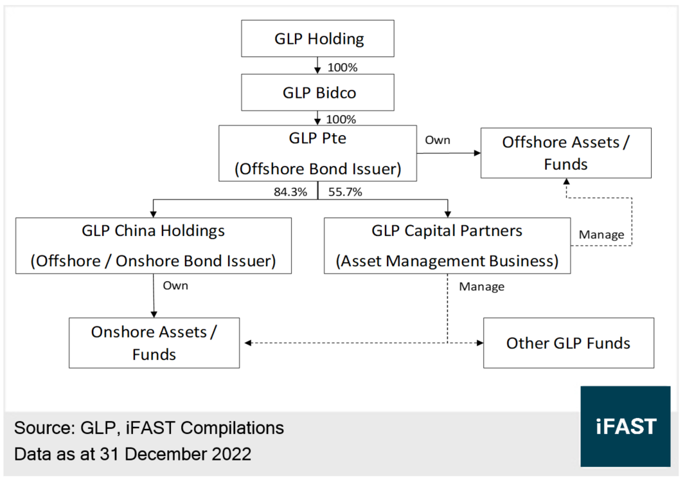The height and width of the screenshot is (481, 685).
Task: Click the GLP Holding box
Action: tap(317, 39)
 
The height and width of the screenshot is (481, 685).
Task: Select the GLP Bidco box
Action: tap(317, 93)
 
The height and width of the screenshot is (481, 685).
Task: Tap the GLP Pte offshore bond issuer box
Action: tap(317, 153)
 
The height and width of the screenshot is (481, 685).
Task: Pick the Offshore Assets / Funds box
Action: tap(565, 152)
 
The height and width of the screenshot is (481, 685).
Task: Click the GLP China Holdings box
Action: tap(153, 245)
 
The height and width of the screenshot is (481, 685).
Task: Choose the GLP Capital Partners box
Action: tap(447, 245)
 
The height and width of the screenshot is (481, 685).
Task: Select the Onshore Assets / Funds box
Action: tap(154, 342)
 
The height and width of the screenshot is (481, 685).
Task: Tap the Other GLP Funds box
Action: tap(568, 343)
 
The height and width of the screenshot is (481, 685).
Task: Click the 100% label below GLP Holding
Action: tap(342, 66)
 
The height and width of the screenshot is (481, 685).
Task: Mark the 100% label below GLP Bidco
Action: tap(342, 120)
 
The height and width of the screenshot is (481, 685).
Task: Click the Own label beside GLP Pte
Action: tap(438, 140)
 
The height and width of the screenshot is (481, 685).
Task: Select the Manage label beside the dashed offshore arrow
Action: tap(601, 235)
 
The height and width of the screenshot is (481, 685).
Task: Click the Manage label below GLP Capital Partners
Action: tap(481, 286)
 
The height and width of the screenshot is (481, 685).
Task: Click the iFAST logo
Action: tap(625, 426)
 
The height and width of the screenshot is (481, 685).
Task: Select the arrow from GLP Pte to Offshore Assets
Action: tap(450, 153)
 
